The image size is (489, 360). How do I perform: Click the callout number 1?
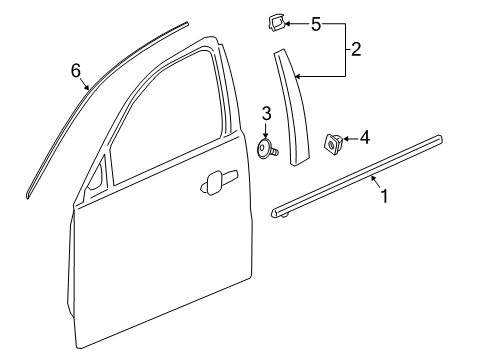tap(382, 197)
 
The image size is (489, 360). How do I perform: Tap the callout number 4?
tap(364, 135)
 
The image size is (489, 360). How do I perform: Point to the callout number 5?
tap(316, 22)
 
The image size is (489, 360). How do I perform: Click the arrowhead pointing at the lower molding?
tap(371, 177)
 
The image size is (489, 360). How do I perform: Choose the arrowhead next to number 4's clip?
tap(347, 138)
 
